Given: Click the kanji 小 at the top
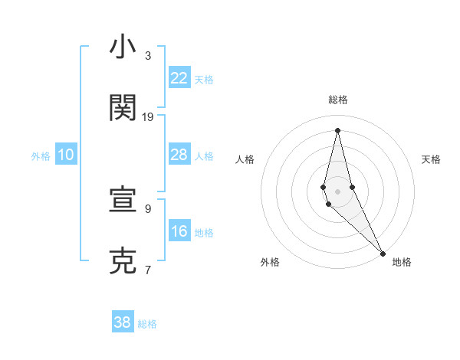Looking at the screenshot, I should pyautogui.click(x=123, y=47).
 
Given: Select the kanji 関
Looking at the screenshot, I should pyautogui.click(x=123, y=109).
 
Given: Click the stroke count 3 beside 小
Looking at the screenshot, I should pyautogui.click(x=148, y=56).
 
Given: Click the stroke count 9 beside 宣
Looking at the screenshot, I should pyautogui.click(x=148, y=208).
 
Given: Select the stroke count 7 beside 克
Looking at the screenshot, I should pyautogui.click(x=148, y=270).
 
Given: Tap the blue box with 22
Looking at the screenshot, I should pyautogui.click(x=179, y=78).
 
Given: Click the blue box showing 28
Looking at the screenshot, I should pyautogui.click(x=179, y=155).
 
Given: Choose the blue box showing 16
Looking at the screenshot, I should pyautogui.click(x=179, y=231).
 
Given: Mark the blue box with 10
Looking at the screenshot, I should pyautogui.click(x=66, y=155).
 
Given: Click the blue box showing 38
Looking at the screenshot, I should pyautogui.click(x=123, y=322).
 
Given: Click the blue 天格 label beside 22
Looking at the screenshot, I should pyautogui.click(x=204, y=80).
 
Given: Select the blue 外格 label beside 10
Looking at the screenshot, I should pyautogui.click(x=41, y=156).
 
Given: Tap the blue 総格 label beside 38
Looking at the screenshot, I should pyautogui.click(x=147, y=324).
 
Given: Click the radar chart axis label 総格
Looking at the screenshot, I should pyautogui.click(x=338, y=100).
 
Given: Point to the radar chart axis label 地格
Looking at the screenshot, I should pyautogui.click(x=402, y=262).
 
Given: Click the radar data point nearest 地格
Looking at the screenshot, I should pyautogui.click(x=383, y=252).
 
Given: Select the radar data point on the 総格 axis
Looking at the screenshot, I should pyautogui.click(x=337, y=129).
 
